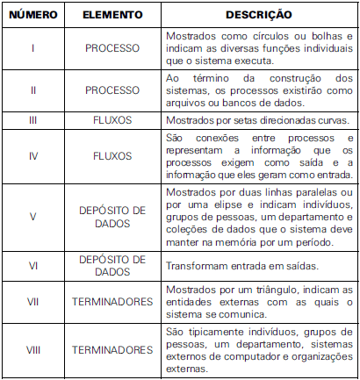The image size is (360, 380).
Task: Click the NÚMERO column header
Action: (32, 15)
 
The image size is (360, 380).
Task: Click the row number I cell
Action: (32, 47)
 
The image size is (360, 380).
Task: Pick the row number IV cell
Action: (32, 156)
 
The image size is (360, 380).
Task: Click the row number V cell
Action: (32, 215)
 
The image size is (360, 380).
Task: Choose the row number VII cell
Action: (32, 300)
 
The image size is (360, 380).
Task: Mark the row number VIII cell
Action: (32, 349)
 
